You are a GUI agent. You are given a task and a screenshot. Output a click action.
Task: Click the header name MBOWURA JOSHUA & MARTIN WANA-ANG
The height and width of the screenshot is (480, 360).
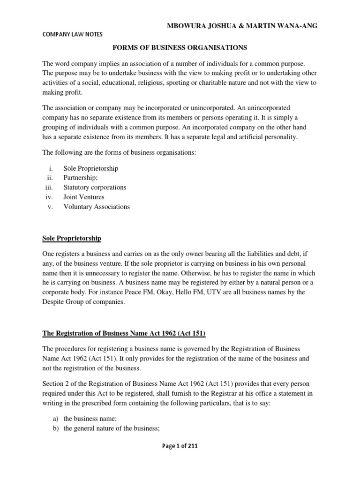click(242, 26)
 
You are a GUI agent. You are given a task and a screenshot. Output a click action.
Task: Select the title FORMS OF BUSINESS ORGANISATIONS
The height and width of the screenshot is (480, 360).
click(180, 48)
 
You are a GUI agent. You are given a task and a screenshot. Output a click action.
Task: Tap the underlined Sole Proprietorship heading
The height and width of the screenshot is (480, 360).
click(72, 238)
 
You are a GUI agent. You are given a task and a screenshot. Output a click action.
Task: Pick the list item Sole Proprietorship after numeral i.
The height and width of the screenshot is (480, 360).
click(91, 168)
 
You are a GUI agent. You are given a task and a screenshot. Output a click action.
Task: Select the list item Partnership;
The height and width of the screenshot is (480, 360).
click(81, 178)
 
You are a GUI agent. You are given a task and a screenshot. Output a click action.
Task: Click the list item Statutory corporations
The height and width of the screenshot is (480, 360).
click(95, 187)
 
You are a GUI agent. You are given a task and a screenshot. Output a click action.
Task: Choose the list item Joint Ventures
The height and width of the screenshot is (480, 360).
click(84, 197)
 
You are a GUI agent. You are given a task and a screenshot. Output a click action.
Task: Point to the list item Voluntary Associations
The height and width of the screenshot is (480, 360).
click(97, 207)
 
